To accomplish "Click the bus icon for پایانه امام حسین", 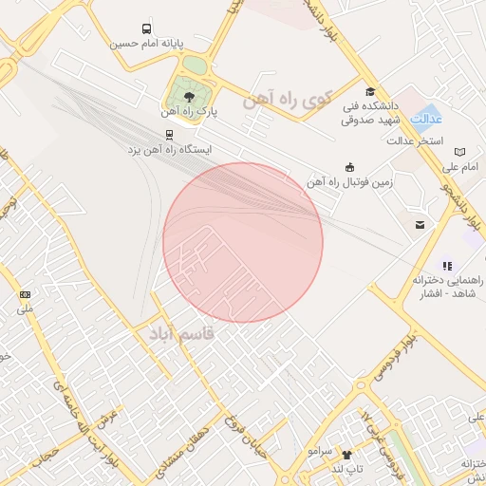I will coord(146,28).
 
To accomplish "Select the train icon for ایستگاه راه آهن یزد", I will coord(170,135).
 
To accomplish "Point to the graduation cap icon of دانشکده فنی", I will coord(370,91).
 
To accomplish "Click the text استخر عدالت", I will coord(416,140).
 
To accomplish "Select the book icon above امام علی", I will coord(460,152).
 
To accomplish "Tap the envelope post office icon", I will coord(419,225).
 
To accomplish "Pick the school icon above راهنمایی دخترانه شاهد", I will coord(447,266).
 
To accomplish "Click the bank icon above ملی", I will coord(25,294).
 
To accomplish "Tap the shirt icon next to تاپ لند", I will coord(346,455).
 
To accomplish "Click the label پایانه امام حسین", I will coord(139,44).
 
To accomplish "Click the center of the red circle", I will coord(243,242).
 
